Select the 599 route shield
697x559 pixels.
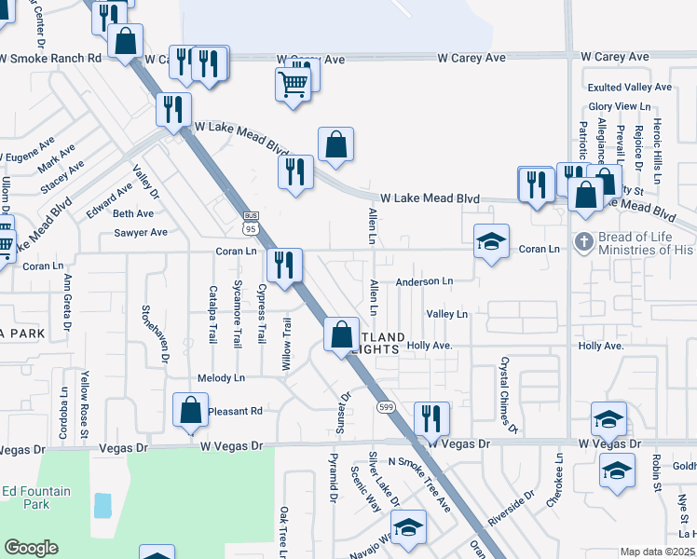[384, 407]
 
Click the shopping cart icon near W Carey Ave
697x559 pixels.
[293, 86]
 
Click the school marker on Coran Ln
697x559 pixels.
[491, 240]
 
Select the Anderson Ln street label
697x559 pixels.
[423, 280]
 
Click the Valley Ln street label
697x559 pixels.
[446, 314]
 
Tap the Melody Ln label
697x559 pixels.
[221, 377]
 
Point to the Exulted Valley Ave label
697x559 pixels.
[629, 87]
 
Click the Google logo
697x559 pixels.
[31, 548]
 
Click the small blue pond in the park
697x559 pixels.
[102, 506]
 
